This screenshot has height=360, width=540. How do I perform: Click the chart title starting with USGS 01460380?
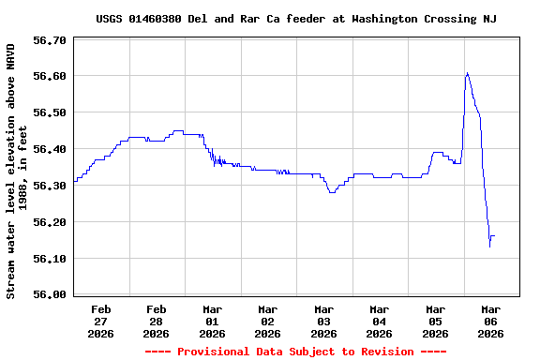(x=296, y=19)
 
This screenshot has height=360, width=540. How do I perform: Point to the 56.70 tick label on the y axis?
(x=49, y=40)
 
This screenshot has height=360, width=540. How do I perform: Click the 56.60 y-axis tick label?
(x=49, y=76)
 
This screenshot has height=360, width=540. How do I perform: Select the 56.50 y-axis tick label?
(x=49, y=112)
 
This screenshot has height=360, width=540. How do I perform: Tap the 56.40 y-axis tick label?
(x=49, y=149)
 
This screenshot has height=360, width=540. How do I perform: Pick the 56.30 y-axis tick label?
(x=49, y=186)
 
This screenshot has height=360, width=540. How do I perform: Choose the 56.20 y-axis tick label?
(x=49, y=222)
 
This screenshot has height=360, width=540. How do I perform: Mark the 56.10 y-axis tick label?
(x=49, y=259)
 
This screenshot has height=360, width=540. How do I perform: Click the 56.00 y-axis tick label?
(x=49, y=294)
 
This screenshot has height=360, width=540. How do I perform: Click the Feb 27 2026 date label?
(x=101, y=321)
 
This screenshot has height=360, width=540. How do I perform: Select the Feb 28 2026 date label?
(x=157, y=321)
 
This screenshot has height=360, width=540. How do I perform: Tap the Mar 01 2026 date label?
(x=213, y=321)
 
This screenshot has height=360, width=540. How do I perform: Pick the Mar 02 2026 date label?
(x=268, y=321)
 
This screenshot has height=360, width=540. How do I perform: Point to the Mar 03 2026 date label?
(x=324, y=321)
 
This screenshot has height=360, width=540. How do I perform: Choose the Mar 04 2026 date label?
(x=380, y=321)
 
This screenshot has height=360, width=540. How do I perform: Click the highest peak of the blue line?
(x=467, y=72)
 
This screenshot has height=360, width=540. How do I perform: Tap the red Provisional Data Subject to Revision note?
(x=295, y=352)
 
